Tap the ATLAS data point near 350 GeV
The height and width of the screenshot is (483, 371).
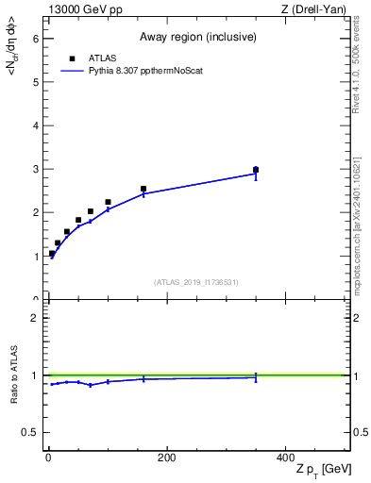[x=256, y=170]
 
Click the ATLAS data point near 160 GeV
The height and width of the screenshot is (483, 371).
[x=143, y=189]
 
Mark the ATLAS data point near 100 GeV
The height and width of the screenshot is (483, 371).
[x=108, y=202]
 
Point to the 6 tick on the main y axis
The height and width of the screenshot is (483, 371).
[x=37, y=38]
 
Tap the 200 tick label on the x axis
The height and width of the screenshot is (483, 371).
[x=166, y=458]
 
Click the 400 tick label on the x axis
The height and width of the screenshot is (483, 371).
[x=284, y=458]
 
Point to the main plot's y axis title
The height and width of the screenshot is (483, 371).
[x=12, y=57]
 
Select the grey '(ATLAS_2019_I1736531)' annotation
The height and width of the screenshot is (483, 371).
[x=196, y=282]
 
